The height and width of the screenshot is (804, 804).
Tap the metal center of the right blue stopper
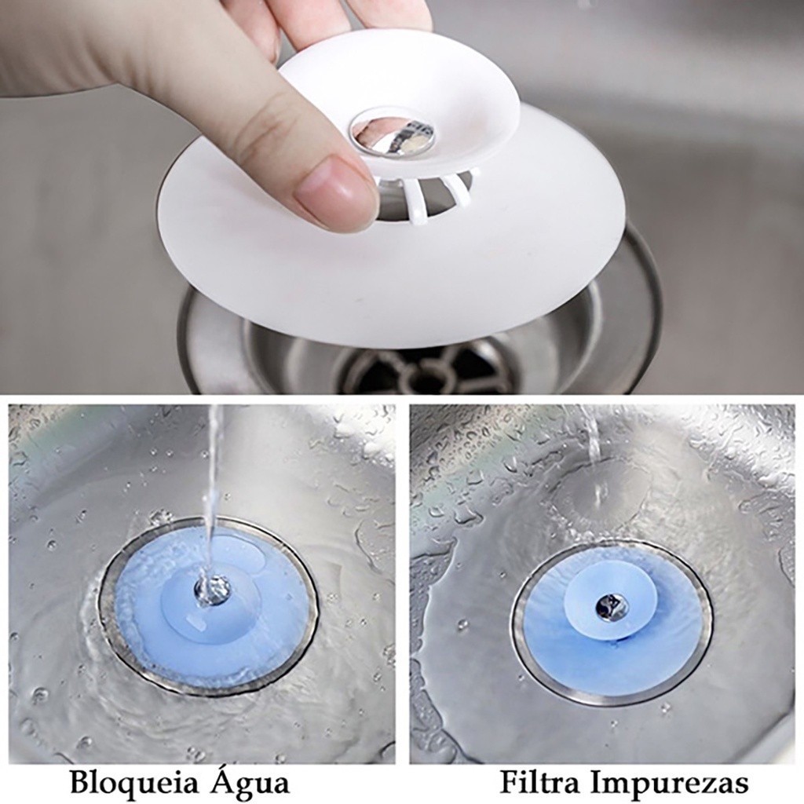point(610,605)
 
